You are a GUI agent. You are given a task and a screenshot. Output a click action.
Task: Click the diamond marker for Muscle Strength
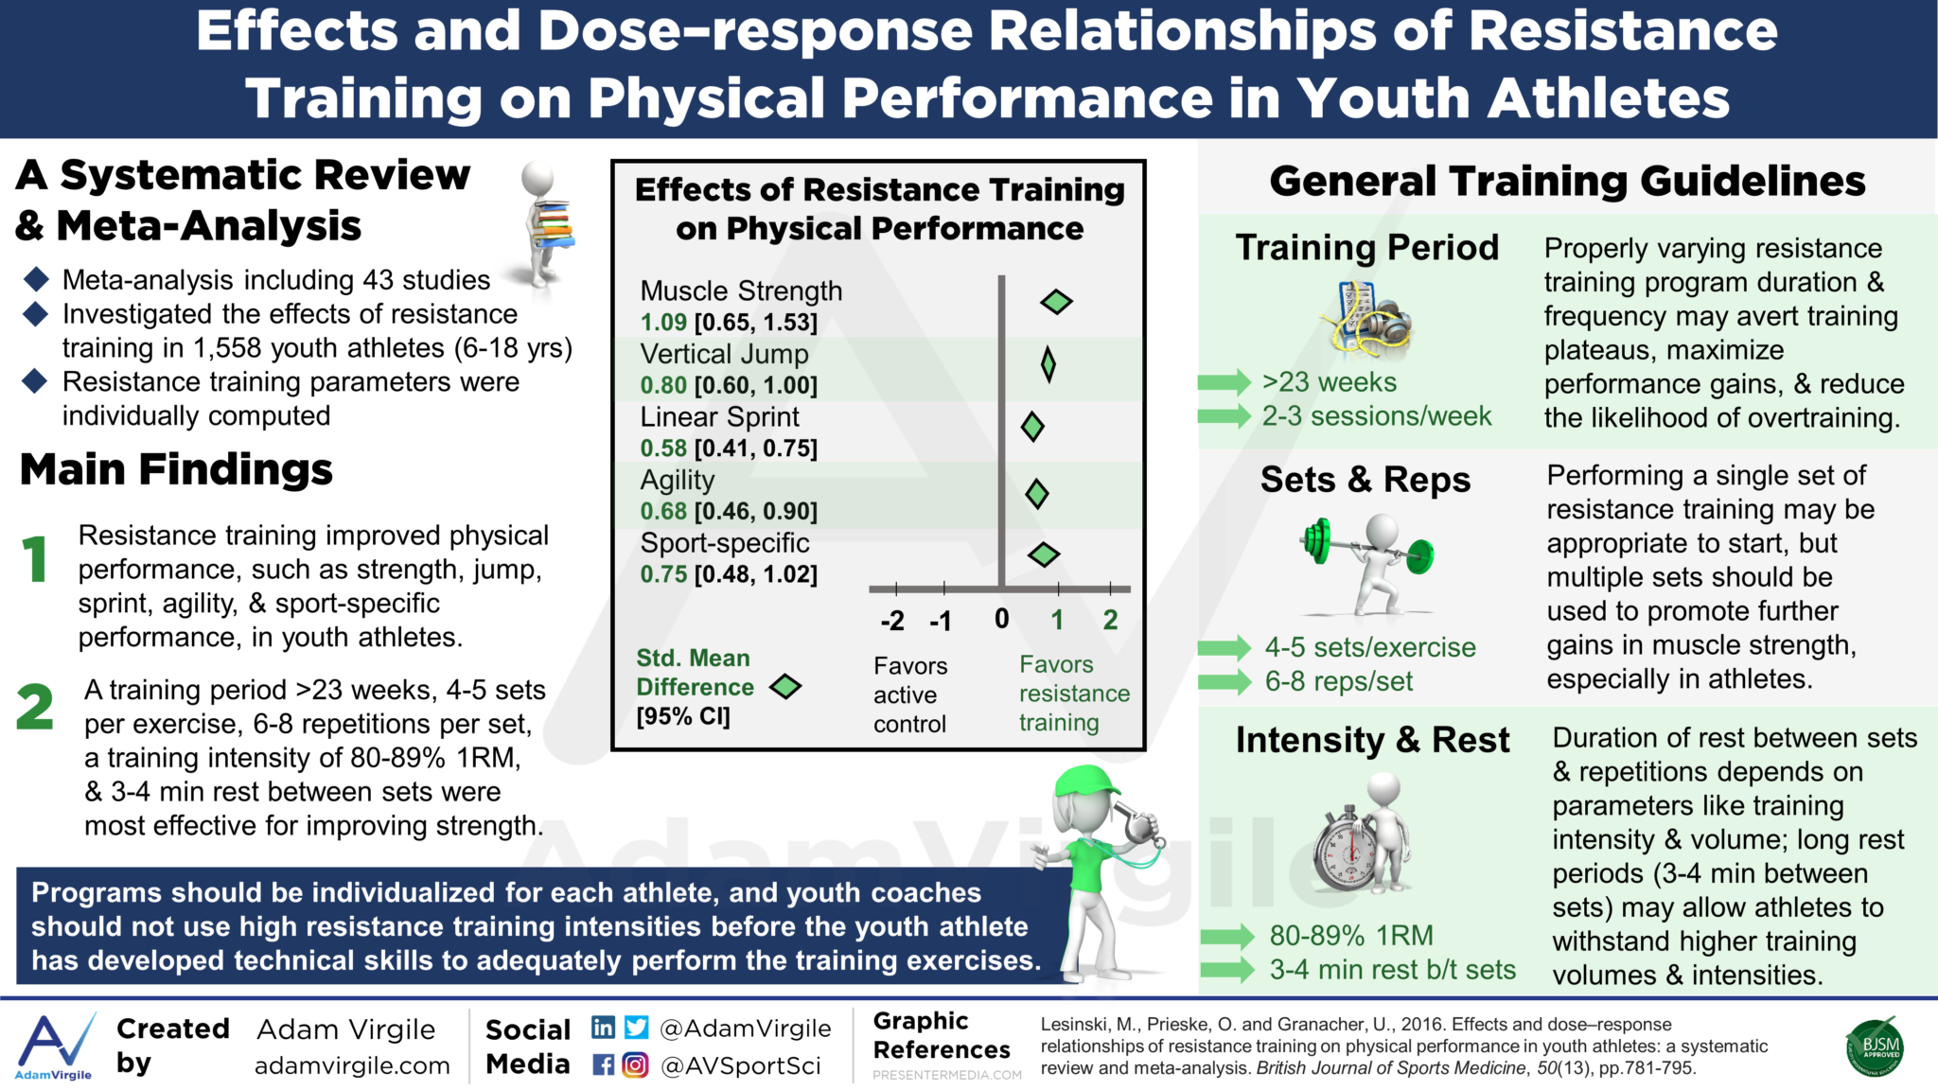coord(1056,302)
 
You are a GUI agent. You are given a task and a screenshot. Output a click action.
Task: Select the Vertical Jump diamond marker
coord(1048,364)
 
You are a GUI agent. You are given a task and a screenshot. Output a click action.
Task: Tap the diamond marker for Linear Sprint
coord(1032,427)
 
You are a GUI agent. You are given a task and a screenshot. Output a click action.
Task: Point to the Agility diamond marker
coord(1037,493)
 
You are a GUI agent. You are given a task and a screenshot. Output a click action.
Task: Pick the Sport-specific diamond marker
coord(1043,554)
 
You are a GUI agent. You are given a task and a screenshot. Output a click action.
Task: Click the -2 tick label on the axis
coord(892,621)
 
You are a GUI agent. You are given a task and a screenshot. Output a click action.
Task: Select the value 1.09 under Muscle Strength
coord(663,323)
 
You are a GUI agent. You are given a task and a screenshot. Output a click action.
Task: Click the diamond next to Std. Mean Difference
coord(785,687)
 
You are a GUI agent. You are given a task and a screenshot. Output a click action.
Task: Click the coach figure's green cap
coord(1088,783)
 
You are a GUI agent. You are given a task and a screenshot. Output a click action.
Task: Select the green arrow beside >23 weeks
coord(1224,382)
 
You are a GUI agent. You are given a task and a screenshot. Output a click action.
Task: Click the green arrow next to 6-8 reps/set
coord(1224,681)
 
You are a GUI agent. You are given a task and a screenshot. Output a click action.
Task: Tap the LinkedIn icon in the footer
coord(603,1028)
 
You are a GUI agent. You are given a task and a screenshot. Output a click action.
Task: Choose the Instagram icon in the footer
coord(635,1065)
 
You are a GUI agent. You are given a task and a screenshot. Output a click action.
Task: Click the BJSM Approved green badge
coord(1875,1047)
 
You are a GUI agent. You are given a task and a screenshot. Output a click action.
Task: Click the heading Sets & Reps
coord(1365,480)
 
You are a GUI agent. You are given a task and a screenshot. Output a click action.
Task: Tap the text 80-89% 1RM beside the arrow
coord(1350,936)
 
